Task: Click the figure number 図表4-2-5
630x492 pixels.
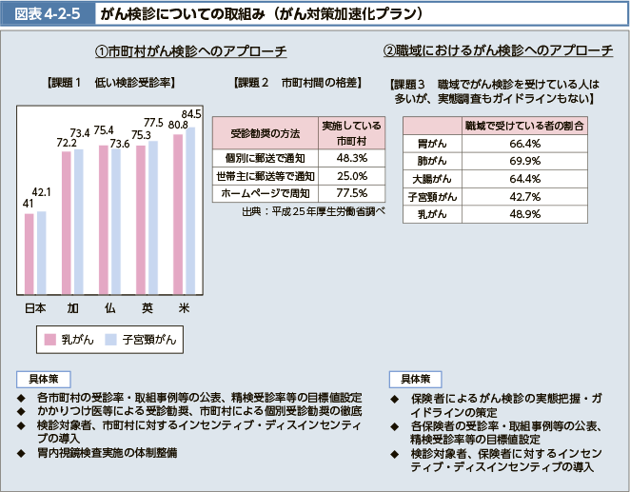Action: pyautogui.click(x=45, y=14)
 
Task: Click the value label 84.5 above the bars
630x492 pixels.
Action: pyautogui.click(x=191, y=114)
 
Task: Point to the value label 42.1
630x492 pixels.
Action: pyautogui.click(x=41, y=193)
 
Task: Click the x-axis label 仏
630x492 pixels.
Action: pyautogui.click(x=110, y=308)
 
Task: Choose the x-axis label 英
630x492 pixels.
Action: pyautogui.click(x=148, y=308)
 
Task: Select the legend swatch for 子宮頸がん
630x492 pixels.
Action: pyautogui.click(x=110, y=339)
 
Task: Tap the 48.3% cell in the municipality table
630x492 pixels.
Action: pyautogui.click(x=351, y=157)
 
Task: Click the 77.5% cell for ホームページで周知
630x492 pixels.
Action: pyautogui.click(x=351, y=193)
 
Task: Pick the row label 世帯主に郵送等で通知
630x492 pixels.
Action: pyautogui.click(x=266, y=175)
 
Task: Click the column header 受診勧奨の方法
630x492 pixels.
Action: pyautogui.click(x=266, y=133)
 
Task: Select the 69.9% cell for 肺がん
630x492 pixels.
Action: pyautogui.click(x=525, y=162)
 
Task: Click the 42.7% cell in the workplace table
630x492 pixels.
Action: pyautogui.click(x=525, y=196)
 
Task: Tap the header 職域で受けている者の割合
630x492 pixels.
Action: pyautogui.click(x=525, y=126)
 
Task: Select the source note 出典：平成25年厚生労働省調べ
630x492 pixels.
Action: pyautogui.click(x=313, y=211)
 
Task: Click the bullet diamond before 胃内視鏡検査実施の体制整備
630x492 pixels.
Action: pyautogui.click(x=20, y=453)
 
